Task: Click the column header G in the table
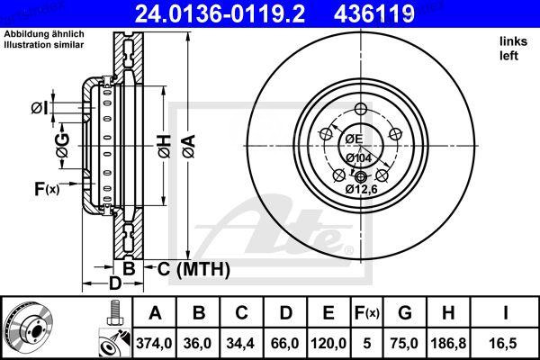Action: (406, 314)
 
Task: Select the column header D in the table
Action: (284, 314)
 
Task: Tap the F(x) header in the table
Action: (367, 314)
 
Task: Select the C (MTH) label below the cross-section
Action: (193, 268)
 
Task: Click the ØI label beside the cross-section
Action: (37, 109)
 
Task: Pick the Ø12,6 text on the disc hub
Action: (362, 188)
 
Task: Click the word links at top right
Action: (512, 41)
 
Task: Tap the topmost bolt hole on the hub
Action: (362, 109)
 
